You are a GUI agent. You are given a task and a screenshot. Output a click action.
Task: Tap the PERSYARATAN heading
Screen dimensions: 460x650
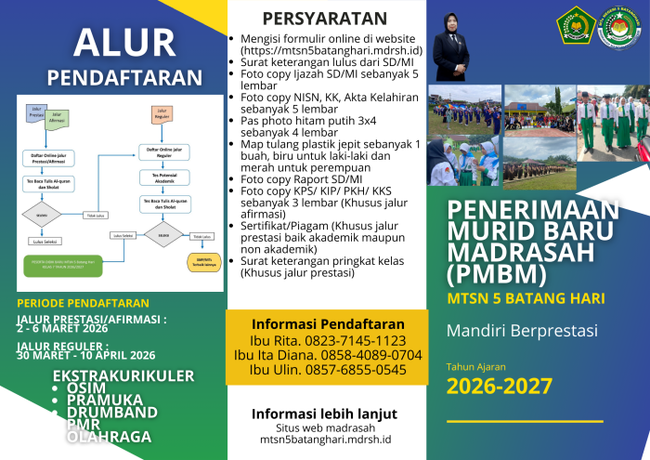pyautogui.click(x=324, y=19)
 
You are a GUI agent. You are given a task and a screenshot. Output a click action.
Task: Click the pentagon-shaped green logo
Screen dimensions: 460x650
pyautogui.click(x=575, y=27)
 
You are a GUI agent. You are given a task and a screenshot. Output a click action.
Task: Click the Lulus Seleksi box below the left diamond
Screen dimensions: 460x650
pyautogui.click(x=45, y=241)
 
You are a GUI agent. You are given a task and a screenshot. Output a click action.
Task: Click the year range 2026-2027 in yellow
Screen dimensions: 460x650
pyautogui.click(x=500, y=386)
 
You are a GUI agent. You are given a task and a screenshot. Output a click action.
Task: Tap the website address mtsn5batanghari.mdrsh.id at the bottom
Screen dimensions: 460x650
pyautogui.click(x=325, y=439)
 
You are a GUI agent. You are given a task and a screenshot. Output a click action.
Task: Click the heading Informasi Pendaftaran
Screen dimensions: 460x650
pyautogui.click(x=328, y=324)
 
